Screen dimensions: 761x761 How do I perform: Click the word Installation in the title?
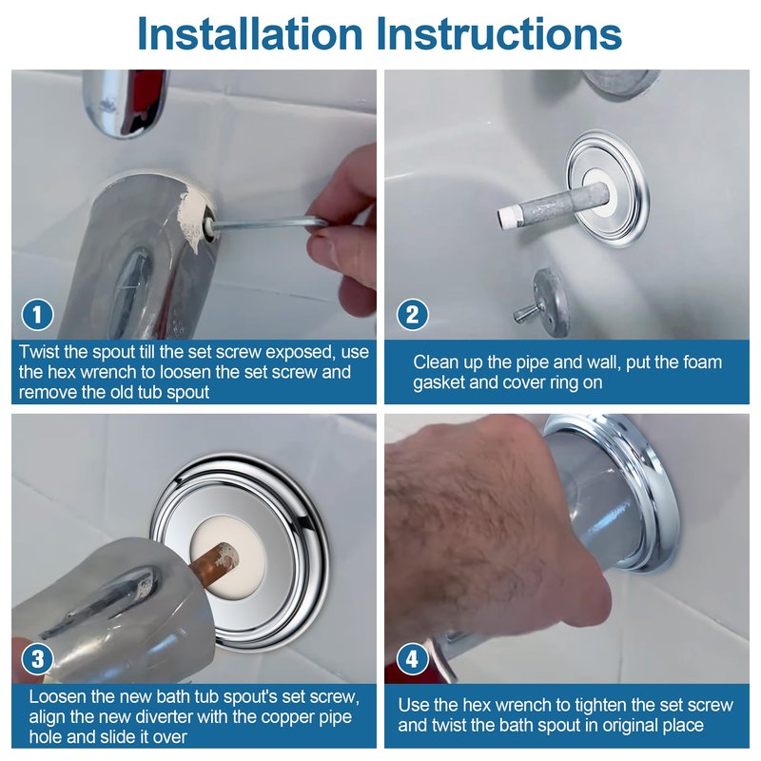click(250, 33)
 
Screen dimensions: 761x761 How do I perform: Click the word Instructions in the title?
click(499, 33)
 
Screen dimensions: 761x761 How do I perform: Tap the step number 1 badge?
click(37, 315)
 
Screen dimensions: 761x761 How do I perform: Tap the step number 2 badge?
click(413, 315)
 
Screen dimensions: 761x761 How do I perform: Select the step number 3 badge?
click(37, 659)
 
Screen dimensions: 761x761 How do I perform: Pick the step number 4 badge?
click(413, 659)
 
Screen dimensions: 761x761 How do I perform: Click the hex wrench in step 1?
click(267, 224)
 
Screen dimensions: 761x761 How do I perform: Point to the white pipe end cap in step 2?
click(507, 218)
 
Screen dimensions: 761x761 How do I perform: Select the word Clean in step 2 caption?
click(435, 362)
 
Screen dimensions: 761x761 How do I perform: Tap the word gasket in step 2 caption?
click(439, 383)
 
